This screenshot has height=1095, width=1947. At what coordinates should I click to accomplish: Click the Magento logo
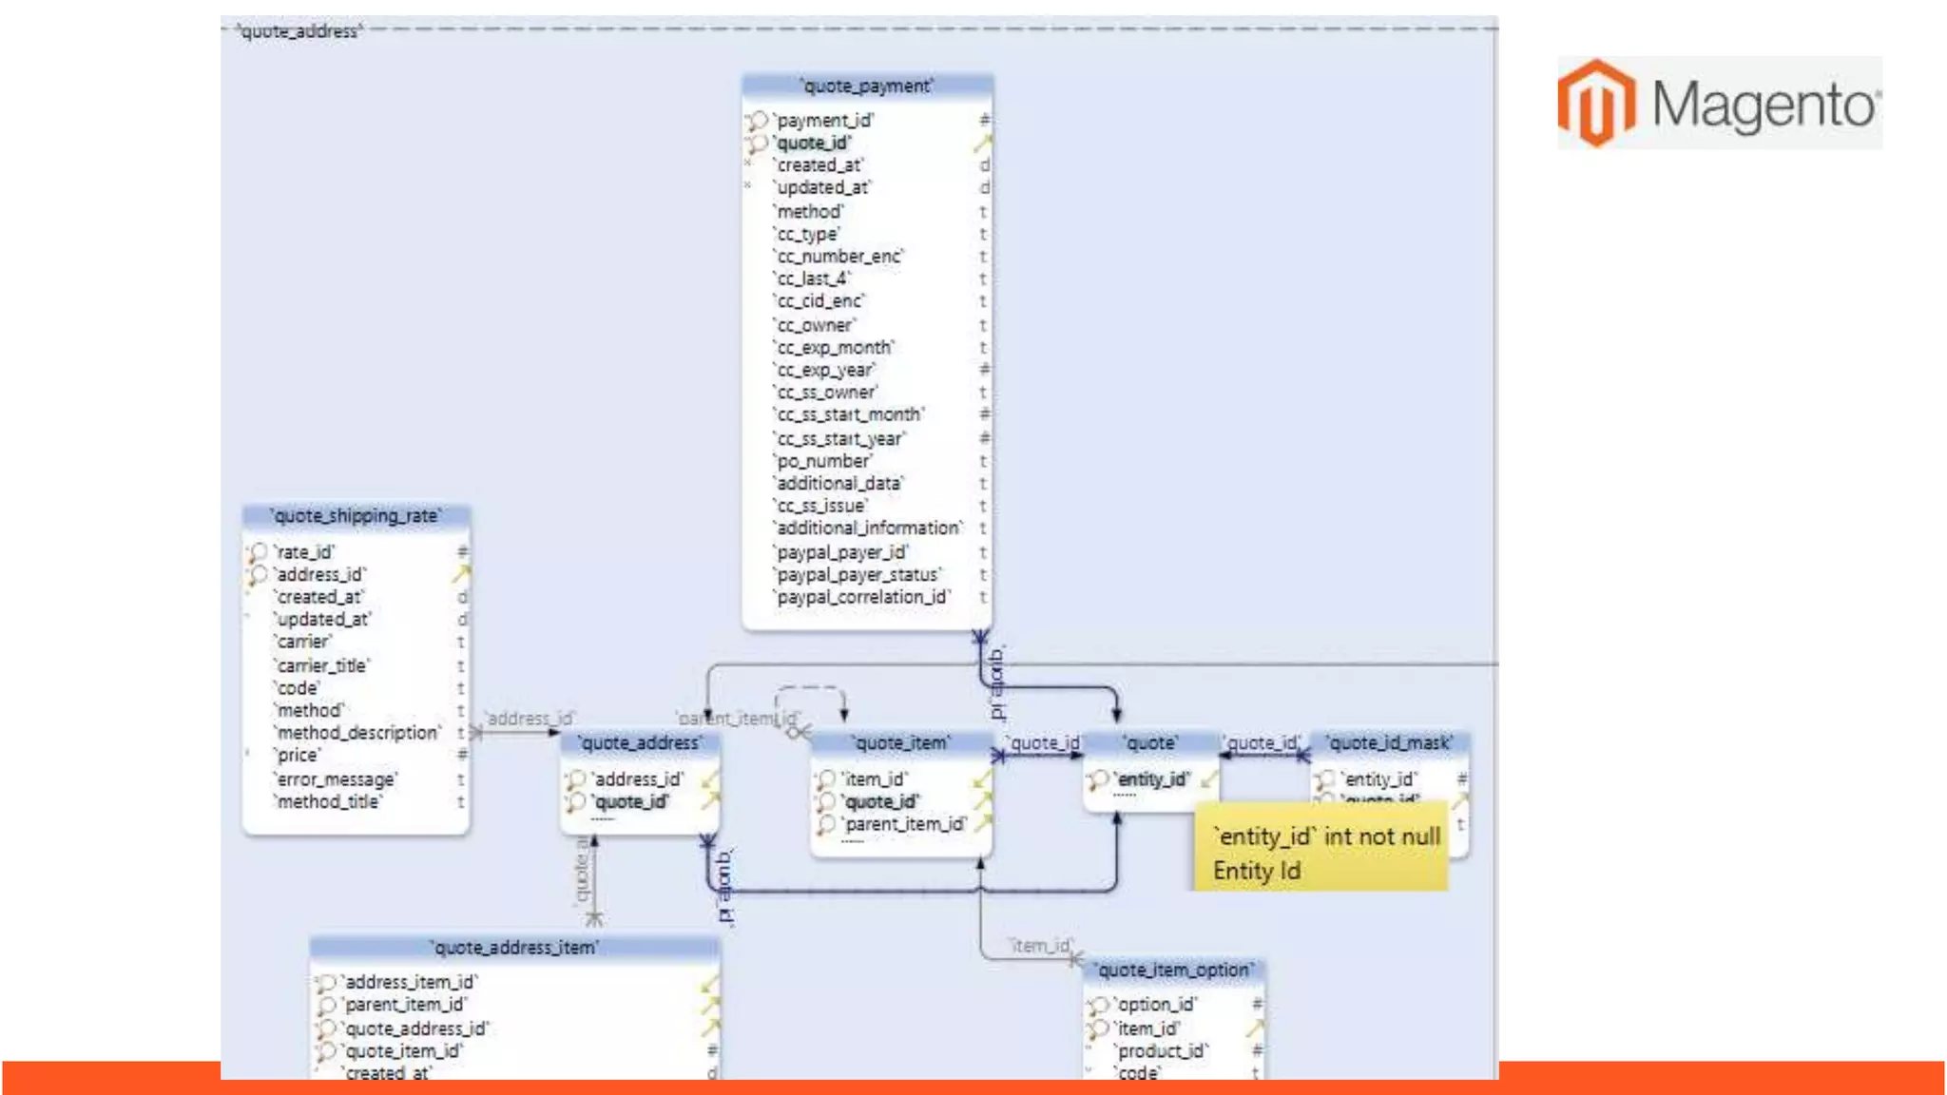coord(1719,103)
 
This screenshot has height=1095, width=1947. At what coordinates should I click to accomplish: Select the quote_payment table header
coord(867,86)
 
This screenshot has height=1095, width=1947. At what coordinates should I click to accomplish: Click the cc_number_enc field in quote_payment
coord(839,257)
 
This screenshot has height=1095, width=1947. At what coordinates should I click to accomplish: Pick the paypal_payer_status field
coord(858,575)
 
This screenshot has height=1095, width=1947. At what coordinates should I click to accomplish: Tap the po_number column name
coord(823,461)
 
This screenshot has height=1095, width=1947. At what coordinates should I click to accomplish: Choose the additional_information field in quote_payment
coord(868,528)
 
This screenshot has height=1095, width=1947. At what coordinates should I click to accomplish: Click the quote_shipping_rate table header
coord(357,516)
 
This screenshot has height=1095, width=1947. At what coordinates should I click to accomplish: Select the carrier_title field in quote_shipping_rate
coord(322,665)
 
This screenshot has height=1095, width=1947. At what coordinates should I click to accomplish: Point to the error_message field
coord(336,779)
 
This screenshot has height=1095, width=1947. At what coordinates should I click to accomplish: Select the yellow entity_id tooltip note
coord(1321,853)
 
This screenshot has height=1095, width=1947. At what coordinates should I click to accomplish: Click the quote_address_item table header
coord(514,948)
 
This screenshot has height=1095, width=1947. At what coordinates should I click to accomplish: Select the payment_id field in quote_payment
coord(824,121)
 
